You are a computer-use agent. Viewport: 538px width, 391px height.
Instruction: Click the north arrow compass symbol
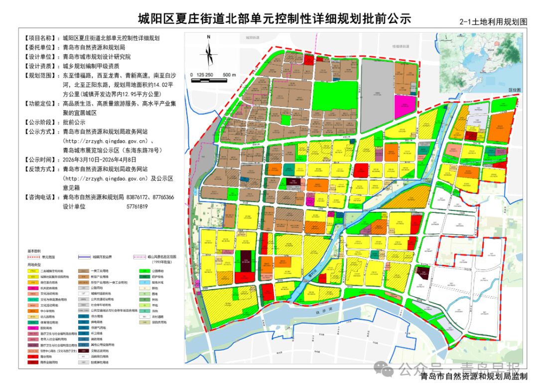point(209,50)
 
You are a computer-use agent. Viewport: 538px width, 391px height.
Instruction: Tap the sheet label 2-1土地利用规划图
point(493,22)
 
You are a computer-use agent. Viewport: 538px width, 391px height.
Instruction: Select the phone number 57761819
point(137,207)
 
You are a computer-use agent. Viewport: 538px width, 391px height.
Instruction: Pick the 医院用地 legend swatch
point(33,328)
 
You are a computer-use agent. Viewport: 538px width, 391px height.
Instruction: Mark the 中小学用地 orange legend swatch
point(33,310)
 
